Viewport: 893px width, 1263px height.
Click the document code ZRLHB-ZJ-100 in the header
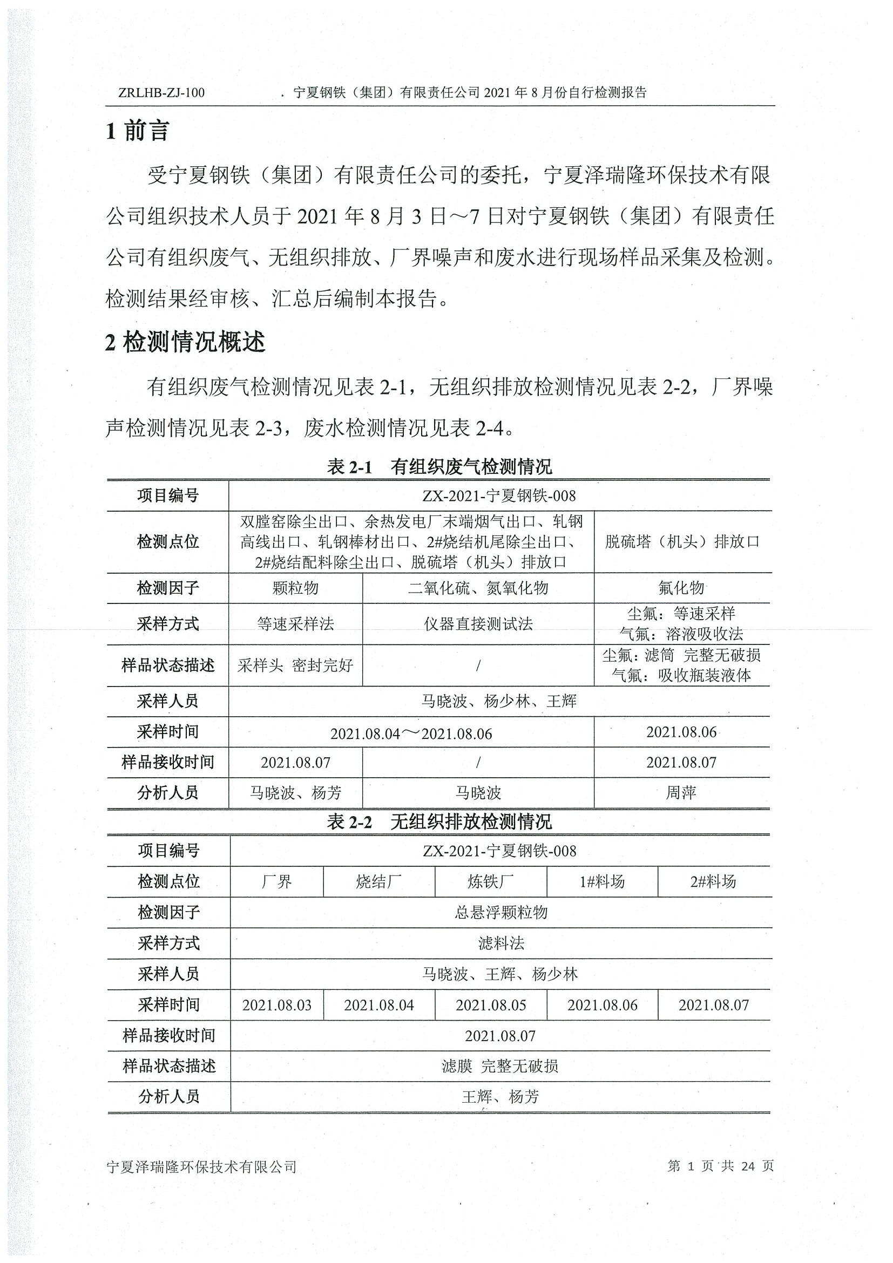coord(161,92)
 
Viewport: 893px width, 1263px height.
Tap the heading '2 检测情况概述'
coord(185,342)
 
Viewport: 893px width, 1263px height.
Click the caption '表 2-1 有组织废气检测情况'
coord(439,467)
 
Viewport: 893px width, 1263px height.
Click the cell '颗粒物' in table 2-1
coord(295,588)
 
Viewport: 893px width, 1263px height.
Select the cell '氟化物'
coord(681,588)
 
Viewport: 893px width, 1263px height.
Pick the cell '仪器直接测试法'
coord(478,624)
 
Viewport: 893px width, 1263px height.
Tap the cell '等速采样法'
coord(295,624)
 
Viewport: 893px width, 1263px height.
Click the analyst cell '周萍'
coord(681,793)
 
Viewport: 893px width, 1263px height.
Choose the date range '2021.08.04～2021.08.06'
coord(411,734)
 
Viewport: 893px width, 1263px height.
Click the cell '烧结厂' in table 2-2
coord(378,882)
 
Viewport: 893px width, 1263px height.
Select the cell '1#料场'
coord(602,882)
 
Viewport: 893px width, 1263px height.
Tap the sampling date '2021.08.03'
coord(277,1005)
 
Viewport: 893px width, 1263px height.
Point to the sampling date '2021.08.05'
coord(491,1005)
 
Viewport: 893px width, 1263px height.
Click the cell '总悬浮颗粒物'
coord(500,913)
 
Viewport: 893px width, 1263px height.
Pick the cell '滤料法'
coord(500,943)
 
